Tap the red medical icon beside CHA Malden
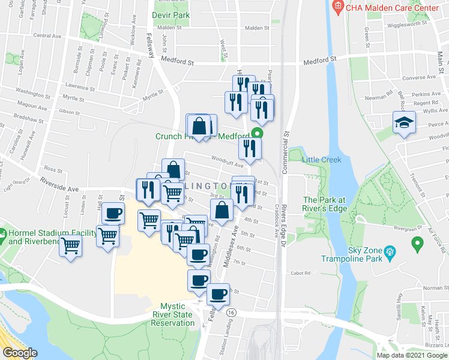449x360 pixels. pos(338,7)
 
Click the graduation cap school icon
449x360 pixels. pos(405,123)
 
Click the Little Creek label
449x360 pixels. pos(321,160)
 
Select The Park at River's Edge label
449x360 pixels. pos(325,204)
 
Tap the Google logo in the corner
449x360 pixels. pos(20,353)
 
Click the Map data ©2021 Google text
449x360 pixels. pos(412,355)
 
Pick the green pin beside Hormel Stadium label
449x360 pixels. pos(3,232)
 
